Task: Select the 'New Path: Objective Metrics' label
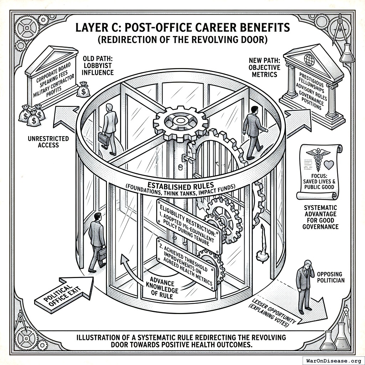(x=264, y=67)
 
